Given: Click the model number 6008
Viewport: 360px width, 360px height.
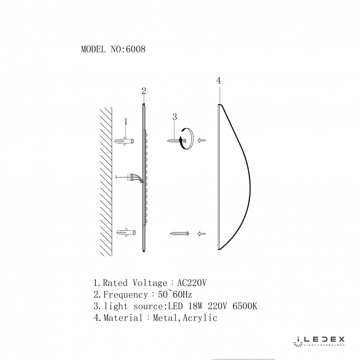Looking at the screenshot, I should point(136,49).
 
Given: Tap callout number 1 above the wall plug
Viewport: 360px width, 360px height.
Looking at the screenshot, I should point(126,121).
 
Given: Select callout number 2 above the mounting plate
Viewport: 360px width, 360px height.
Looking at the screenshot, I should point(144,91).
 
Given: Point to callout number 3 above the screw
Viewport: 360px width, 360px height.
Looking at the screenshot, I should point(174,117).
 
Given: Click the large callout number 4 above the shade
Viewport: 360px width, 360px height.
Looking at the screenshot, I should point(219,81).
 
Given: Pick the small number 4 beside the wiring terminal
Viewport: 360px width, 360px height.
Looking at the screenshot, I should point(116,177).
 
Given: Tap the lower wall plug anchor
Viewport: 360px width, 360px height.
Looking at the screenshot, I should point(125,233).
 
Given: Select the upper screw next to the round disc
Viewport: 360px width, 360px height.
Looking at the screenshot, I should point(174,141).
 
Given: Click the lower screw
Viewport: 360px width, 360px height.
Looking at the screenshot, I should point(180,233).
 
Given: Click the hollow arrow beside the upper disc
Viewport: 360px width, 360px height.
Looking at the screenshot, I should point(202,140).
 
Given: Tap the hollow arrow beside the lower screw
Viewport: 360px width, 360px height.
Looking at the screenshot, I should point(202,233).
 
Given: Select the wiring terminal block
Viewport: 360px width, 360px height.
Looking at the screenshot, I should point(131,177).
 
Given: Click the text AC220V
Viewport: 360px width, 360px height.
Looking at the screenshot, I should point(192,283).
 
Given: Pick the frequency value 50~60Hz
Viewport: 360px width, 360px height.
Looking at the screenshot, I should point(175,295).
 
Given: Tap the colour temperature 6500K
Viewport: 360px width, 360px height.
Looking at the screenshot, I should point(245,306).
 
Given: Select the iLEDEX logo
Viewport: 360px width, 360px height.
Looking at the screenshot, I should point(320,340).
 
